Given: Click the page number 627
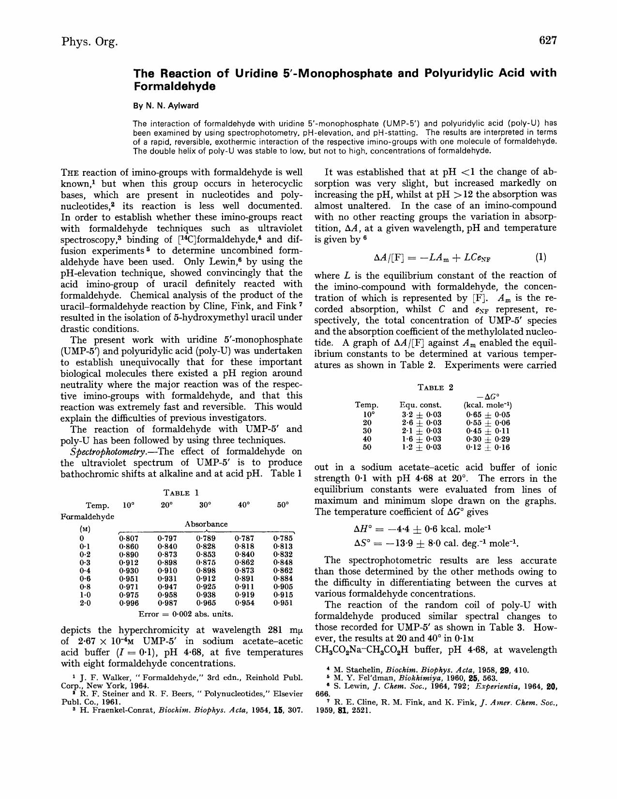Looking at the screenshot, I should [x=548, y=41].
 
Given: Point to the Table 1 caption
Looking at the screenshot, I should [x=181, y=493].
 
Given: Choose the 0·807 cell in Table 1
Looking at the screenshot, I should [x=129, y=538].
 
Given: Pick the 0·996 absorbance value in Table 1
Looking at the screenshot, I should [x=129, y=603].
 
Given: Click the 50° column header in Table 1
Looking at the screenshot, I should [x=283, y=505].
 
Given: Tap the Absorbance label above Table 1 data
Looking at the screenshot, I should [x=206, y=524].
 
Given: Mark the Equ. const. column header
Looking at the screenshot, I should [x=421, y=405].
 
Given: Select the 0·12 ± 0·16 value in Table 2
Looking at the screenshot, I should [x=488, y=447].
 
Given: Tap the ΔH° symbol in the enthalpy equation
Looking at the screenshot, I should [x=365, y=529].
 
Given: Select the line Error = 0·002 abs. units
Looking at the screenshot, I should [x=186, y=614].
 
